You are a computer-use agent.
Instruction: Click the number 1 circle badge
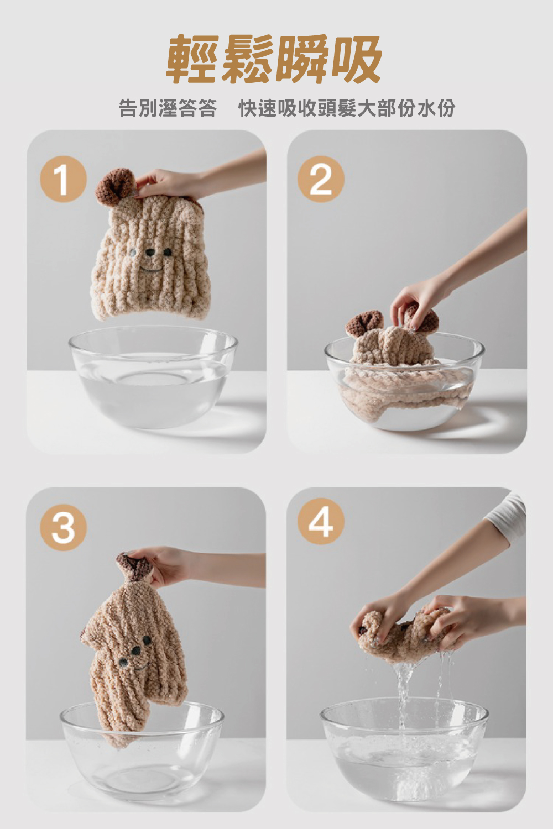[x=64, y=179]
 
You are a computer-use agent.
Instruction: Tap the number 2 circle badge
[x=321, y=179]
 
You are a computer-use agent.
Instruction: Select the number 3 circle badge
[x=64, y=527]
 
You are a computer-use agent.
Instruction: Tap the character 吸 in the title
[x=356, y=59]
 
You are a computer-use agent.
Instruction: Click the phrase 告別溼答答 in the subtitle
[x=168, y=108]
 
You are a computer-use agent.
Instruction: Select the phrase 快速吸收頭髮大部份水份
[x=347, y=108]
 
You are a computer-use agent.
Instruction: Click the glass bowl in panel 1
[x=153, y=376]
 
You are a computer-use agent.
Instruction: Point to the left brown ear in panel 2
[x=364, y=322]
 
